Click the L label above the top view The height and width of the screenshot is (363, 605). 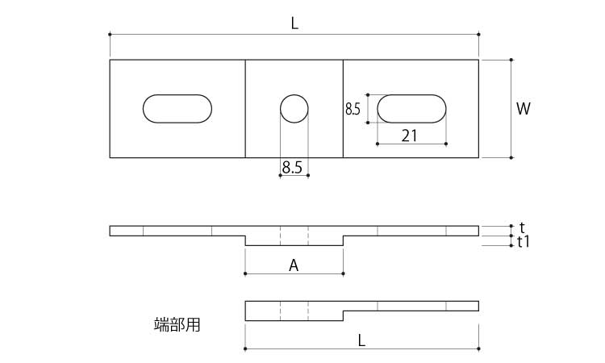tap(294, 24)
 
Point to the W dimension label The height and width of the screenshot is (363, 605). tap(524, 109)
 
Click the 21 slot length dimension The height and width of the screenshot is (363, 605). tap(409, 136)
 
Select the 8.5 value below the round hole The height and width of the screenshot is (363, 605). tap(292, 168)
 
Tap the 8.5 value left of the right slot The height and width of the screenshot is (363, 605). tap(353, 109)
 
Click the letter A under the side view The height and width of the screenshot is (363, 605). tap(294, 265)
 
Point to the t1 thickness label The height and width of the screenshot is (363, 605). tap(524, 242)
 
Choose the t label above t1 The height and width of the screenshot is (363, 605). tap(522, 227)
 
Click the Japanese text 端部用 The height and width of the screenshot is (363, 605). tap(177, 325)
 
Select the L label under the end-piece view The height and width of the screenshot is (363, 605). tap(361, 340)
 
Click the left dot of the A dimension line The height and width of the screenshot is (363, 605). tap(245, 274)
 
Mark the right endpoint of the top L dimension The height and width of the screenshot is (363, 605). tap(478, 35)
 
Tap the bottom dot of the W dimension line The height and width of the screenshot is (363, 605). tap(511, 157)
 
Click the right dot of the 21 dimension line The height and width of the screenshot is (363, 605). tap(446, 144)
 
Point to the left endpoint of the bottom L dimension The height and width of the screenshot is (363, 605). tap(245, 349)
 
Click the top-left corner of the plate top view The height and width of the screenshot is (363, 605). tap(110, 60)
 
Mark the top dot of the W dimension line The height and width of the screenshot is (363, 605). tap(511, 60)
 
